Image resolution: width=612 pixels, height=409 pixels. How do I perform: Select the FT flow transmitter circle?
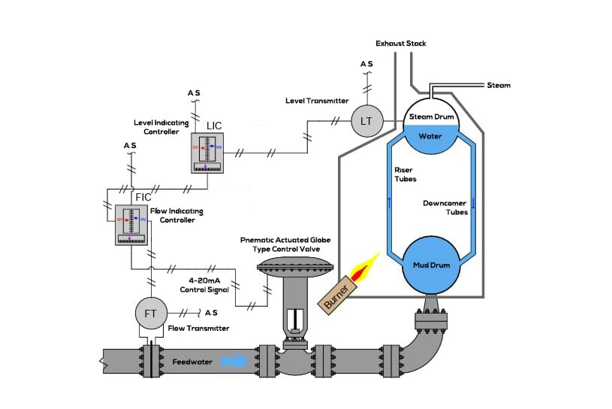149,314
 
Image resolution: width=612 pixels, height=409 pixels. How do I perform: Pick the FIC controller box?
131,223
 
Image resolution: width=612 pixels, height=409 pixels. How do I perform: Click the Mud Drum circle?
430,266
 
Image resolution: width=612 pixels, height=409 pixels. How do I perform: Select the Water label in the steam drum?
430,138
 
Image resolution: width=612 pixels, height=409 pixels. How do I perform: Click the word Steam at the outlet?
499,86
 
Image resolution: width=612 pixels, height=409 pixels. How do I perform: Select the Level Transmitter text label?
317,100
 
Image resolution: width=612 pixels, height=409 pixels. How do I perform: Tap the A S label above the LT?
366,65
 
